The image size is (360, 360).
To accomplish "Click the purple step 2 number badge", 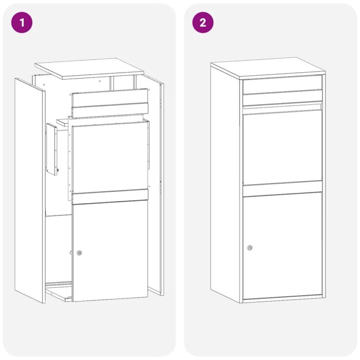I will coord(203,23).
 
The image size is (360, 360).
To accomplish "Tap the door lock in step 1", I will coord(79,253).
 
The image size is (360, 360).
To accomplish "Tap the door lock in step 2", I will coord(249,248).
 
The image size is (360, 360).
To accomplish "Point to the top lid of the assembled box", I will coord(267,67).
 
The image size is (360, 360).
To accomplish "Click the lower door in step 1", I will coord(110,252).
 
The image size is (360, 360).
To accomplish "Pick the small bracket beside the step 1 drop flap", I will coord(52,149).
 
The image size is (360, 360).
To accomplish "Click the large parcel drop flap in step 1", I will coord(109,157).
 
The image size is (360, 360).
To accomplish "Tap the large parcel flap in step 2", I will coord(283,147).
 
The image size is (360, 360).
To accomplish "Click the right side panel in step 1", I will coord(156,185).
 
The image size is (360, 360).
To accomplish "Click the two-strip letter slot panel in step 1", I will coord(110,103).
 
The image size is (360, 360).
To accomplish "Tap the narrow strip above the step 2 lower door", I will coord(283,190).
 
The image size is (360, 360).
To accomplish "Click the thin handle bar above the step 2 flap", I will coord(282,106).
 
